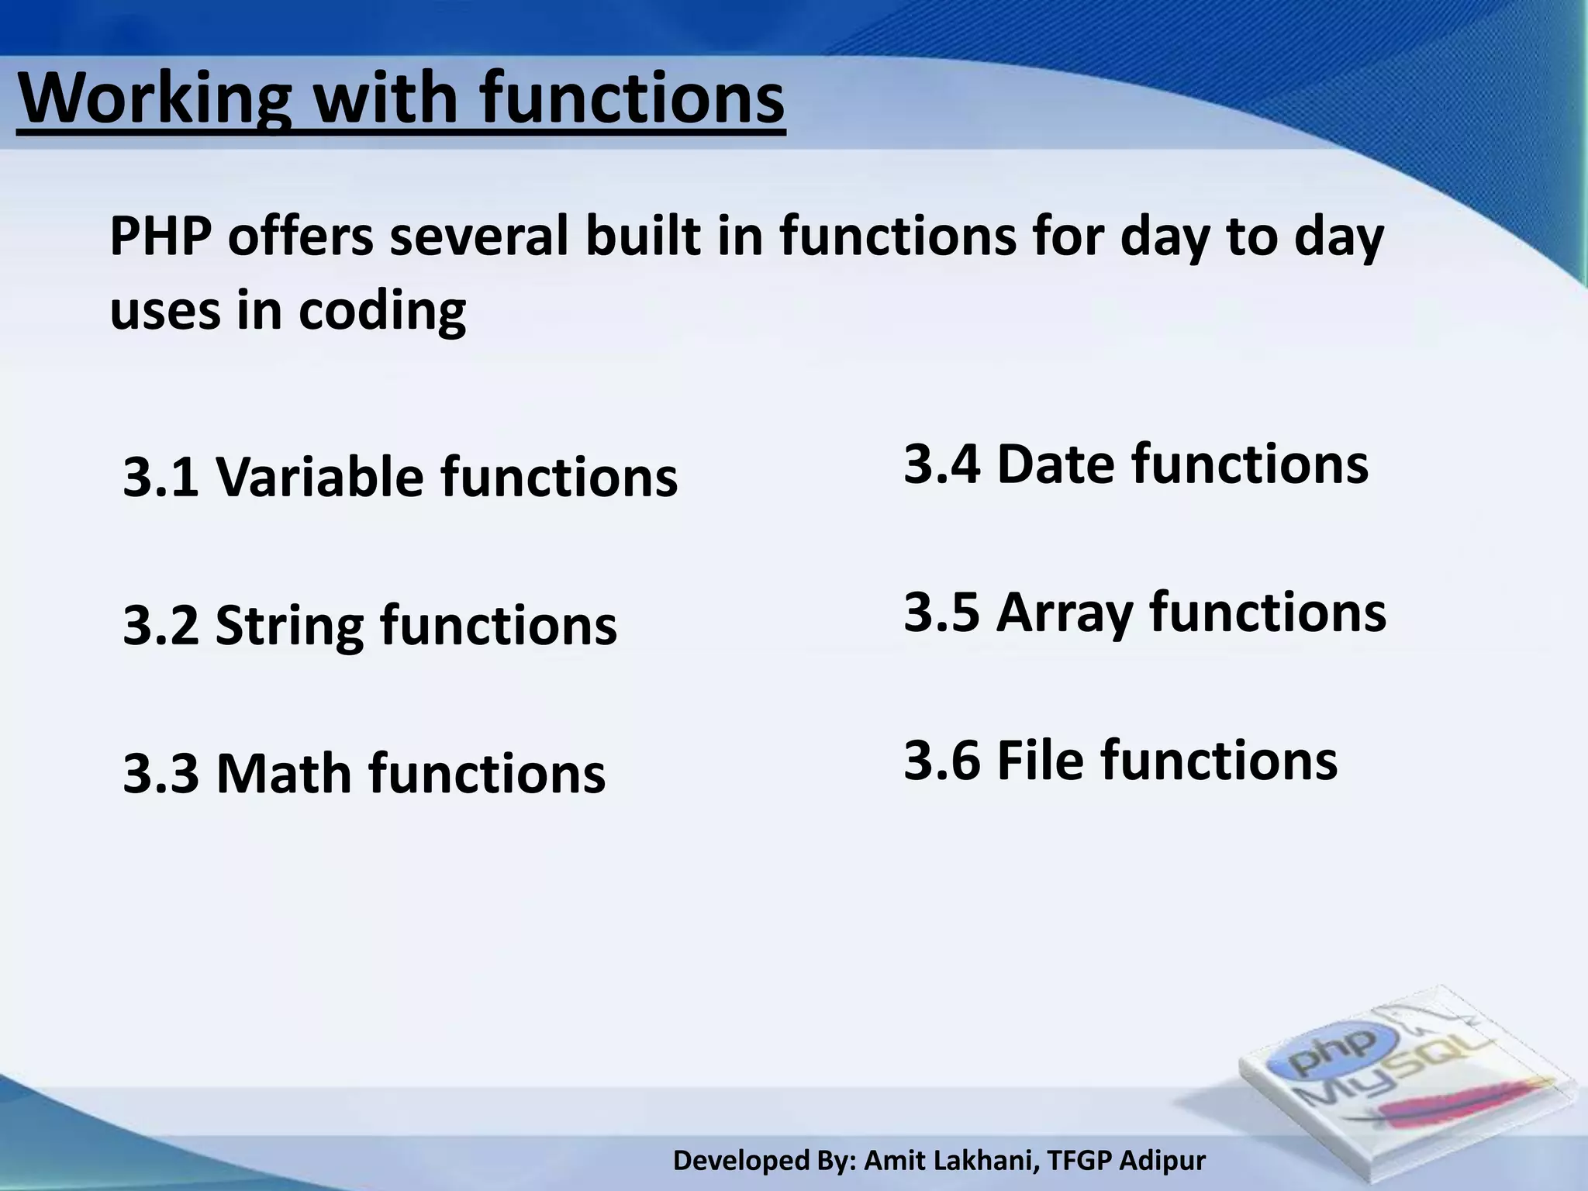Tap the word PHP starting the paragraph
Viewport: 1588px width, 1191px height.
pos(160,237)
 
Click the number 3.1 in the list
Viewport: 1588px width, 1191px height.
pos(161,477)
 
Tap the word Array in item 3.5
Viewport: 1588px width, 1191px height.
pos(1065,613)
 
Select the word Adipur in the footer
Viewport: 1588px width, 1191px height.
pos(1164,1161)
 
